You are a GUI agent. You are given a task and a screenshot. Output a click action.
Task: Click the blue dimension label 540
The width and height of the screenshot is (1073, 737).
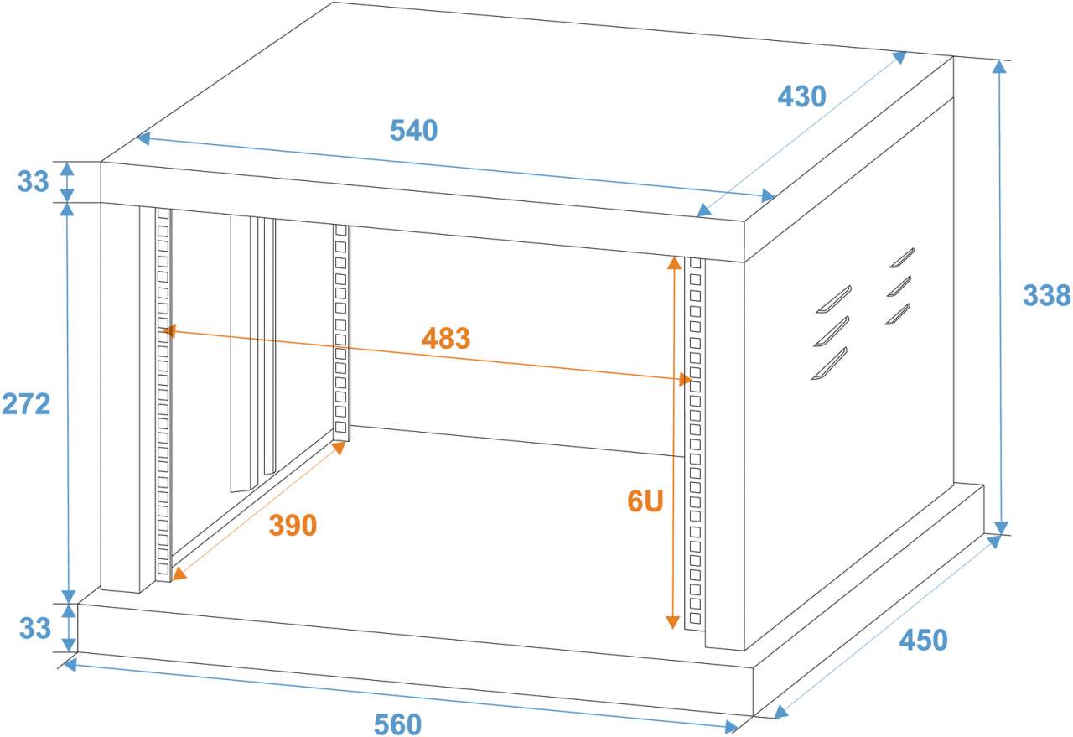pos(414,131)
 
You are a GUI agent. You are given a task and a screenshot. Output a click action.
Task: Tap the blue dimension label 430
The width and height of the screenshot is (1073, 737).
pos(801,97)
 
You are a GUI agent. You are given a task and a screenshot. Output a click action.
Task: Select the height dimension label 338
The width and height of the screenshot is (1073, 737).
pos(1046,295)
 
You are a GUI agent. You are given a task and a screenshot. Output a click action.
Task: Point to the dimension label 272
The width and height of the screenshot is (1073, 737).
pos(26,403)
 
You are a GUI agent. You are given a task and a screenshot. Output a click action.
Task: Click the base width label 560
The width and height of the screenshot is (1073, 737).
pos(397,724)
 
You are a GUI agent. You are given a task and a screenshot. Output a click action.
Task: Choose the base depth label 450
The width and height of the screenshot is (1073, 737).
pos(923,641)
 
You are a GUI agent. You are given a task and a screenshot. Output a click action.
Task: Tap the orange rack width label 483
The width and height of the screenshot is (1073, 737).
pos(446,339)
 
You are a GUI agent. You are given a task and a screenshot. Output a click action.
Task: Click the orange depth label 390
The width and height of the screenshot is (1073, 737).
pos(293,526)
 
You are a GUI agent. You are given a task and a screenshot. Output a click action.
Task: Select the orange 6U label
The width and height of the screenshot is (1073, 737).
pos(645,501)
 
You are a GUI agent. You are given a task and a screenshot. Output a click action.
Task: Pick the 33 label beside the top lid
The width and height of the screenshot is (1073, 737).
pos(34,181)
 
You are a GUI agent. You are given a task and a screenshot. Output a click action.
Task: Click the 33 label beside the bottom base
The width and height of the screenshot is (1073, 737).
pos(34,628)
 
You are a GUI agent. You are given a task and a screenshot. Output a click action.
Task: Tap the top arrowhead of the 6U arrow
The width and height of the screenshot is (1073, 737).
pos(672,262)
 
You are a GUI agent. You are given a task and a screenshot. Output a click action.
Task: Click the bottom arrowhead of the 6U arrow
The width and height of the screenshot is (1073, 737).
pos(672,621)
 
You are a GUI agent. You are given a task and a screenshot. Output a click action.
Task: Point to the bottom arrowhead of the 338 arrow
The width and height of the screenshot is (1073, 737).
pos(1000,527)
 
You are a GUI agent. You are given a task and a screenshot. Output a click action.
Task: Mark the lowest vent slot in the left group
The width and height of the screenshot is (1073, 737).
pos(829,363)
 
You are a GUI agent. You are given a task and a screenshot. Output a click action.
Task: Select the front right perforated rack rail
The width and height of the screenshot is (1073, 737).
pos(694,444)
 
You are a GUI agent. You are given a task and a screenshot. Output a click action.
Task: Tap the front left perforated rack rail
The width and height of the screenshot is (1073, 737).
pos(163,394)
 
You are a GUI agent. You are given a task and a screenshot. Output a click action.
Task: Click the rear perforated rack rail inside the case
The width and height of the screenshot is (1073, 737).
pos(341,332)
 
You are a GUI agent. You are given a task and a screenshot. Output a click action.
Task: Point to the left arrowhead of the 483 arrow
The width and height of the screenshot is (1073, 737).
pos(168,331)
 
